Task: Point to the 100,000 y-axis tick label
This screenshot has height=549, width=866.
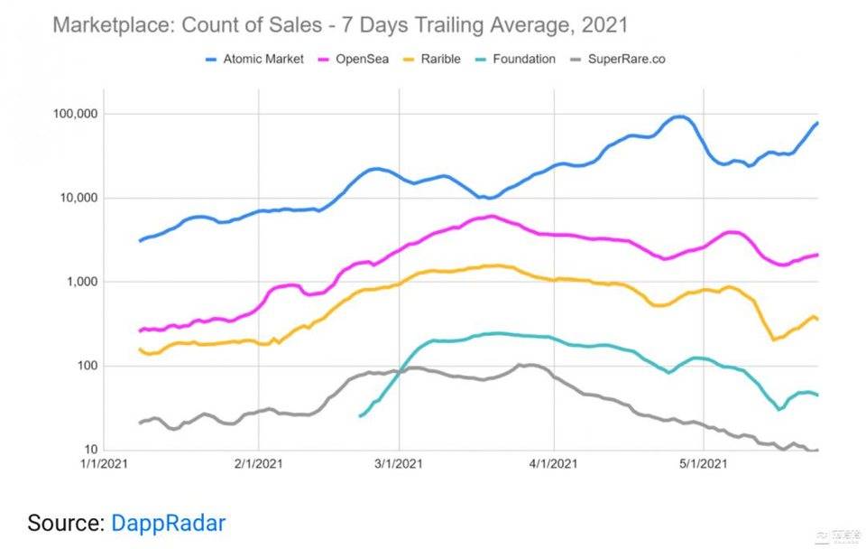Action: [x=75, y=114]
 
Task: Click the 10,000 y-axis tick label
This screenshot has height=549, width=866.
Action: [x=78, y=198]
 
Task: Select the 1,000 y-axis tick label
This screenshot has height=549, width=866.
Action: [x=82, y=282]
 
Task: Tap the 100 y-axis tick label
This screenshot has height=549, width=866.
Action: [x=87, y=366]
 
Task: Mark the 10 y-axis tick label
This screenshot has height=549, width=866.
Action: [x=90, y=450]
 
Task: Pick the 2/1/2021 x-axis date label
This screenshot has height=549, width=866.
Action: [x=259, y=465]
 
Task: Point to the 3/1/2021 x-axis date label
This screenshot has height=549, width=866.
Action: [x=399, y=465]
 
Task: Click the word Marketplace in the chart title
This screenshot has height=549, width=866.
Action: [x=112, y=24]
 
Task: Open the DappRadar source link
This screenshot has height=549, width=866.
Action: [x=168, y=522]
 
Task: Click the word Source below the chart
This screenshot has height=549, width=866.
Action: [x=65, y=522]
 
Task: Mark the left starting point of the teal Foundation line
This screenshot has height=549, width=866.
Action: [x=360, y=415]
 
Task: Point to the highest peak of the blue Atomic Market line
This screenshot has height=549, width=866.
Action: [x=678, y=116]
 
